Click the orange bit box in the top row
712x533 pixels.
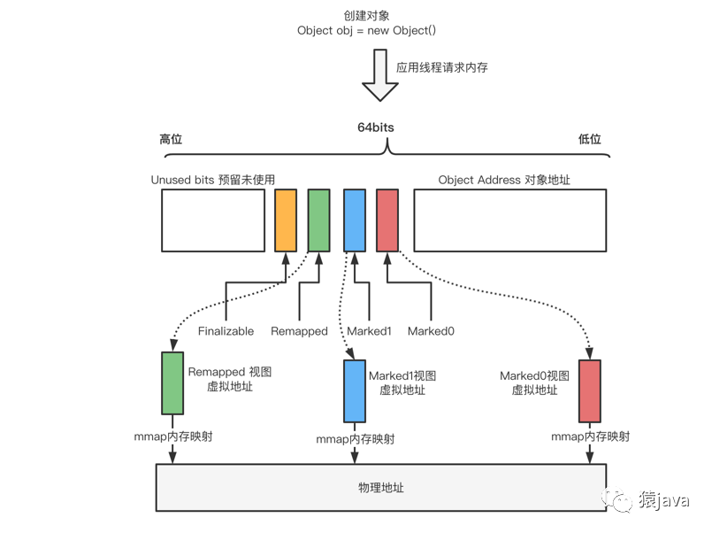tap(286, 220)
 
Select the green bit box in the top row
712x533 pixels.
tap(318, 220)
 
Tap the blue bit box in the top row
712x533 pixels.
tap(355, 220)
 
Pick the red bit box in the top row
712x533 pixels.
tap(387, 220)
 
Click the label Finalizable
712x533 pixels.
tap(226, 331)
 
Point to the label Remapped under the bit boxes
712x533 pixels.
tap(299, 331)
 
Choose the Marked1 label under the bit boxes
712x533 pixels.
tap(369, 331)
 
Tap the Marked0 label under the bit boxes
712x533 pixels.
tap(431, 331)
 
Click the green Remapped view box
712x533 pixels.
tap(172, 383)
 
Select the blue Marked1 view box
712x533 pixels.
tap(355, 391)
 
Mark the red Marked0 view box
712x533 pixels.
tap(590, 391)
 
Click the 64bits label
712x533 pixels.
tap(376, 127)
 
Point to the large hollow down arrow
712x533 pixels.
tap(380, 75)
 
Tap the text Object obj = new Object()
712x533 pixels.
tap(366, 30)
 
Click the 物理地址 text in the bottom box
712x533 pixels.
tap(381, 488)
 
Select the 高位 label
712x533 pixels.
tap(171, 139)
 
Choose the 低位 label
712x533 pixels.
tap(589, 139)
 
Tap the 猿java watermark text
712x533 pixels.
tap(664, 500)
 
